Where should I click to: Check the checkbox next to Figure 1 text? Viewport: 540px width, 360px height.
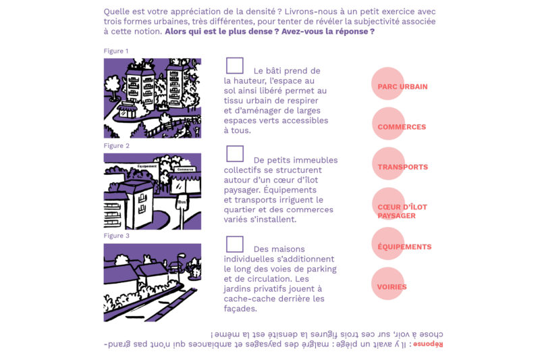[x=235, y=66]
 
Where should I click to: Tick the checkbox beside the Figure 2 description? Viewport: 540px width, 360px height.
[x=235, y=154]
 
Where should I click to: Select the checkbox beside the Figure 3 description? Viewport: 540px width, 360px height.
[x=235, y=244]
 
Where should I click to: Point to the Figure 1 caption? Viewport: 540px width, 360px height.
[x=116, y=51]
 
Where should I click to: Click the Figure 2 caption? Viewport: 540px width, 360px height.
[x=116, y=146]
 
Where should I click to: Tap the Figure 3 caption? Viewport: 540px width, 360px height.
[x=116, y=236]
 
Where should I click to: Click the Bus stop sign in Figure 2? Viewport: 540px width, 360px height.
[x=182, y=201]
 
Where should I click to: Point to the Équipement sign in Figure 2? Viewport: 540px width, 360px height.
[x=146, y=165]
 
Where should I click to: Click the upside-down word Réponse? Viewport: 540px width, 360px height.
[x=428, y=344]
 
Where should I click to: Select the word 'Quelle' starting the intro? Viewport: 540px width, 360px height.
[x=117, y=12]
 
